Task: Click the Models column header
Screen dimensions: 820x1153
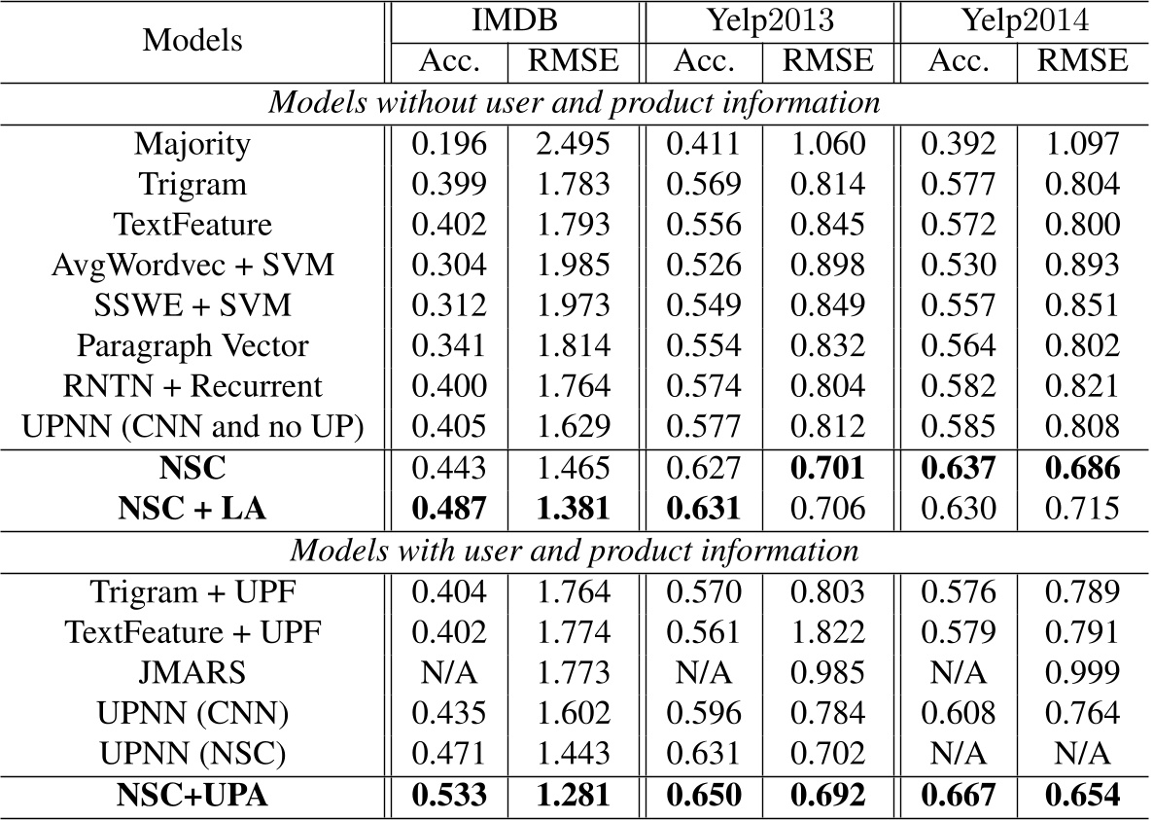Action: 193,41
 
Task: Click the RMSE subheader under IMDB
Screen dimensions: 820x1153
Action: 573,61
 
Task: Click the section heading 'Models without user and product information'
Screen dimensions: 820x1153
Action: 575,103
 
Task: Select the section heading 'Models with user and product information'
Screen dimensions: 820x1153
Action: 575,551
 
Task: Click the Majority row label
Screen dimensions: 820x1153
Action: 192,145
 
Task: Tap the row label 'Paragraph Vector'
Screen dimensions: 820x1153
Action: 192,344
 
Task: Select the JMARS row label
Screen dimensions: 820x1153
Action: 192,673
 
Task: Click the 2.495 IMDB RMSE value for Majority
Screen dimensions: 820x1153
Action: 573,145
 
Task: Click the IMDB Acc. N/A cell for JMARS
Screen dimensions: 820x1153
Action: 450,673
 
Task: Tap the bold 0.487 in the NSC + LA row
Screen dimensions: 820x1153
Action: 450,508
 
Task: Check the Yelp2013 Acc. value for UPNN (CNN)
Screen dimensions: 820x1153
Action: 705,713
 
